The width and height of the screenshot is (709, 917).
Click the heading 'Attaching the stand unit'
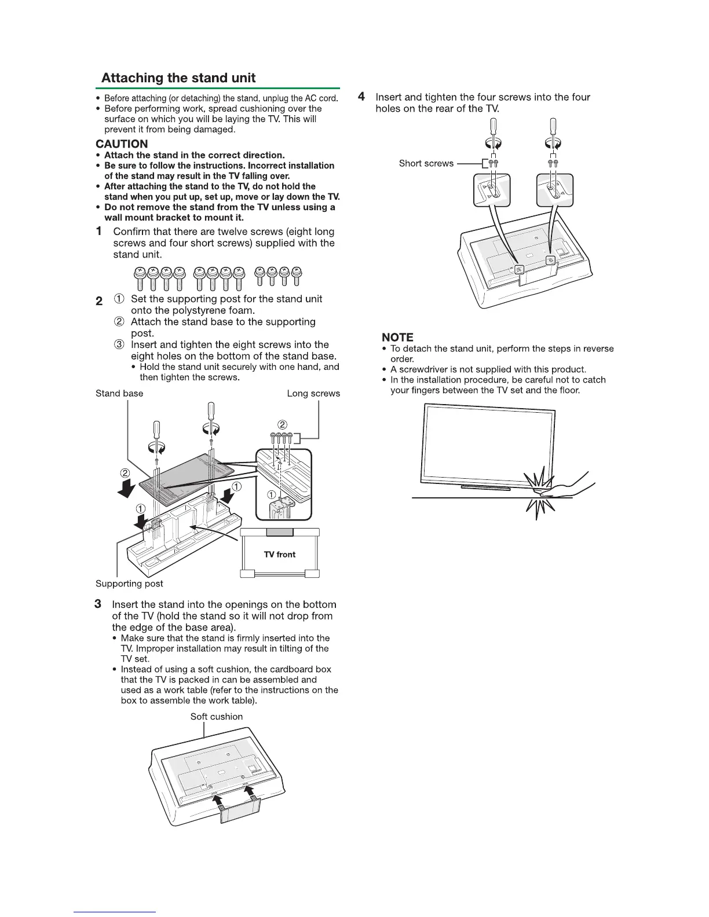click(178, 78)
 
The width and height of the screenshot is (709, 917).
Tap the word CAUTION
click(122, 144)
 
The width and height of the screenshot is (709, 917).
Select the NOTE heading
click(397, 337)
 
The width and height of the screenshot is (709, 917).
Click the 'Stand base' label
click(119, 394)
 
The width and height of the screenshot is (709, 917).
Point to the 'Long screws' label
click(313, 394)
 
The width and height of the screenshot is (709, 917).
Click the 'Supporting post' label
click(129, 584)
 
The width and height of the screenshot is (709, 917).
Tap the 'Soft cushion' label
click(217, 717)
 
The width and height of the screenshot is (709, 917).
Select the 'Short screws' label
click(426, 164)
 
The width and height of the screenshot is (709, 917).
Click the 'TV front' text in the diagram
click(279, 555)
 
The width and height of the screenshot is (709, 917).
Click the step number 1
click(100, 232)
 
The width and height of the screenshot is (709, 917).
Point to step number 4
click(361, 97)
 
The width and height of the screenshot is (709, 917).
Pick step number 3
click(98, 604)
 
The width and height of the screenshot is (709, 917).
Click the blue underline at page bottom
click(115, 912)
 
